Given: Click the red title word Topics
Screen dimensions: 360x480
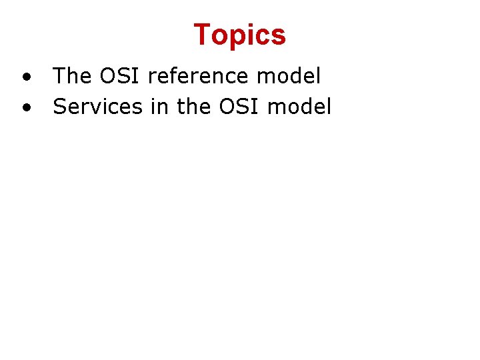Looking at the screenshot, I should [x=239, y=35].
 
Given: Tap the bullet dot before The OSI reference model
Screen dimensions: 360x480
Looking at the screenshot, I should [x=25, y=77].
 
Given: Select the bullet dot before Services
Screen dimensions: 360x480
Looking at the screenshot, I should [x=25, y=107].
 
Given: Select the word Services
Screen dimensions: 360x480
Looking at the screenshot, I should [x=97, y=107].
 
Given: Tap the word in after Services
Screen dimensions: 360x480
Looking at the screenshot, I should [x=159, y=107].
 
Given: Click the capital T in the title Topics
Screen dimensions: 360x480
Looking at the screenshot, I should [x=202, y=35].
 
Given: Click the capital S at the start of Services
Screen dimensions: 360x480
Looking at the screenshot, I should [x=59, y=107].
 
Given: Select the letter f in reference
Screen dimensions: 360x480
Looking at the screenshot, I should [x=171, y=76].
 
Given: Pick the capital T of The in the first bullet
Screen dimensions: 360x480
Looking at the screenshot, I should [x=59, y=76].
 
